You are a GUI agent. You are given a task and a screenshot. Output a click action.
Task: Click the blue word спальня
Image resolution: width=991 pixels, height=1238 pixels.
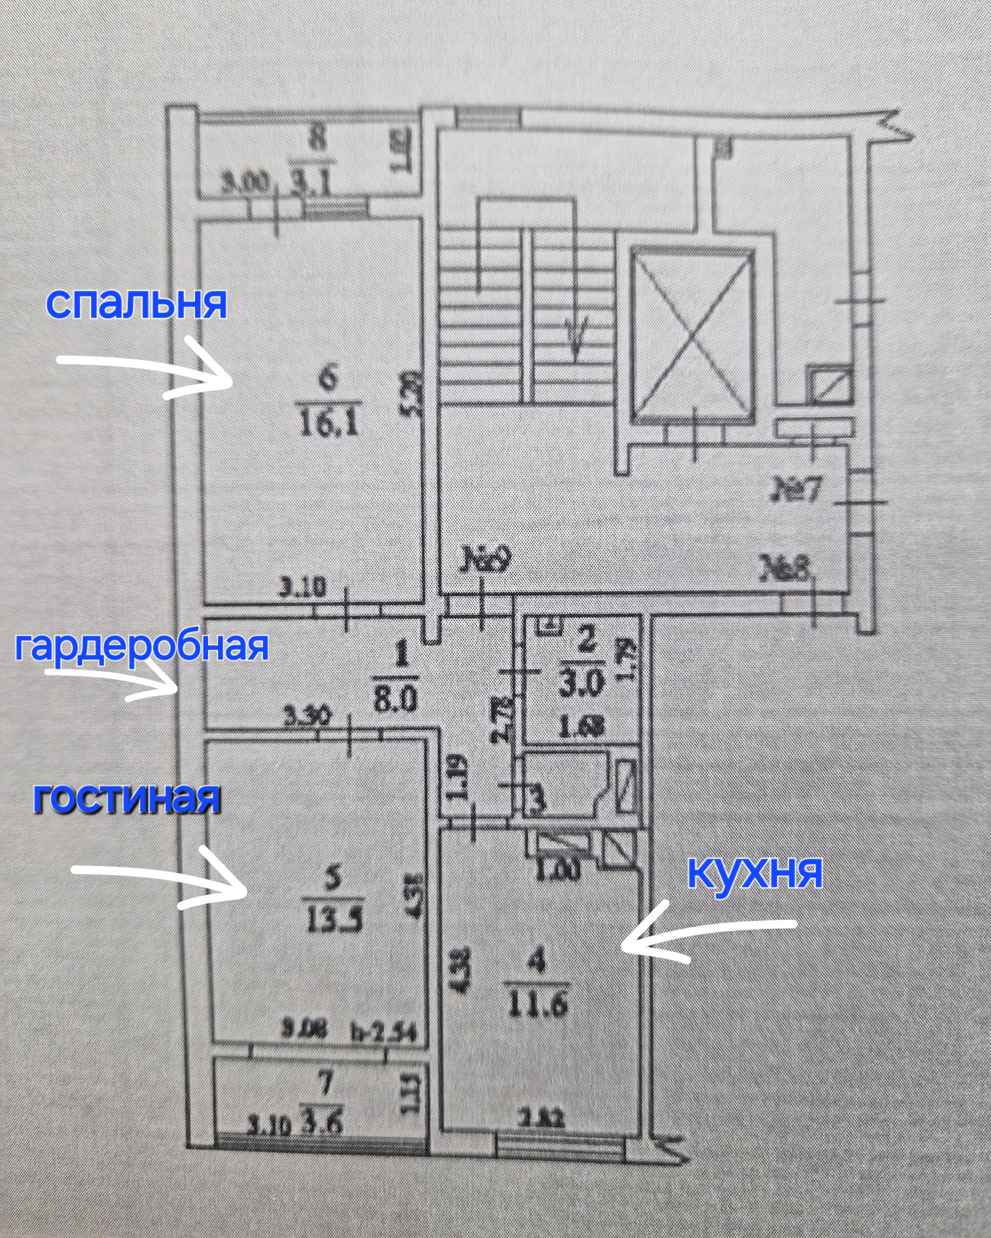(x=136, y=304)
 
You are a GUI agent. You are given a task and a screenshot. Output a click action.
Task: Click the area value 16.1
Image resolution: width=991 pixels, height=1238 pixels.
(x=329, y=425)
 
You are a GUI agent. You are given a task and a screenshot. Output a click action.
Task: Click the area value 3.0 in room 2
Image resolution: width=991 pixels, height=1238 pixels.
(x=584, y=685)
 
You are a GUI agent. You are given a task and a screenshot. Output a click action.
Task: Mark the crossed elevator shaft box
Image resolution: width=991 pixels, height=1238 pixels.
(x=692, y=337)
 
